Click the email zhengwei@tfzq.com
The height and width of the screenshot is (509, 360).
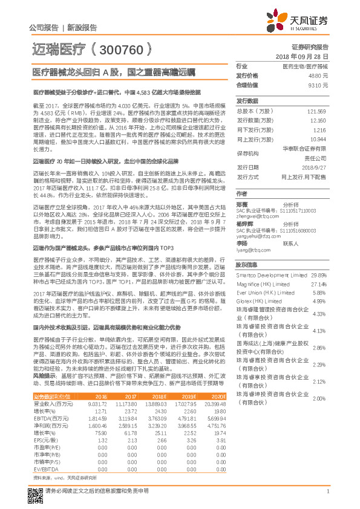[257, 215]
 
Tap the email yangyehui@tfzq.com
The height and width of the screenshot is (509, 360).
[258, 238]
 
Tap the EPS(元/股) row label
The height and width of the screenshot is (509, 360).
[45, 440]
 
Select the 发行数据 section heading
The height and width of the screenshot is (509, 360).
[247, 102]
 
